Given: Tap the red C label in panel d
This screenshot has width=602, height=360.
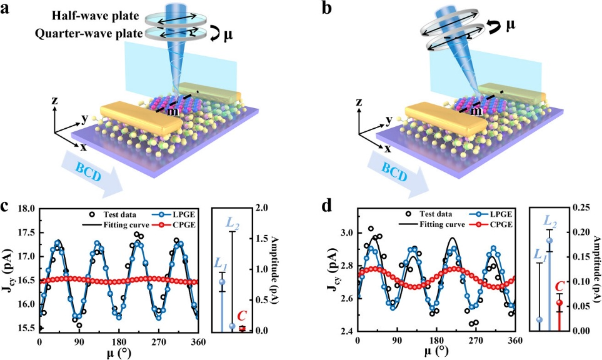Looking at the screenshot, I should (560, 287).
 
